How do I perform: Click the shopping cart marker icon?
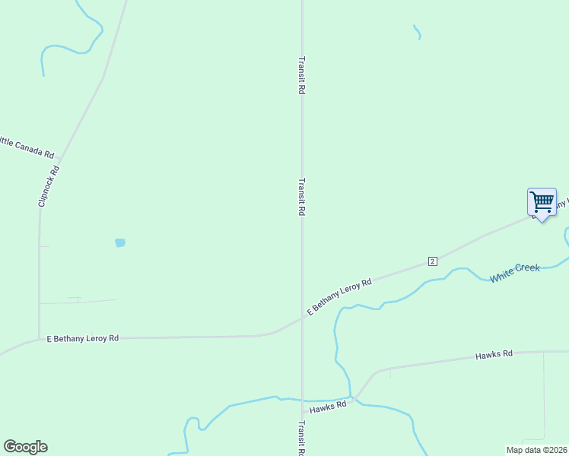pyautogui.click(x=542, y=202)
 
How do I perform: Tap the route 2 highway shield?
pyautogui.click(x=432, y=261)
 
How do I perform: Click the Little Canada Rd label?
pyautogui.click(x=26, y=147)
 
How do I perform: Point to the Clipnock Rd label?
pyautogui.click(x=47, y=187)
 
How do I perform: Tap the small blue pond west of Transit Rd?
pyautogui.click(x=119, y=243)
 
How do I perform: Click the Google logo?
pyautogui.click(x=26, y=447)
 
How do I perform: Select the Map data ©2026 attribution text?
pyautogui.click(x=536, y=450)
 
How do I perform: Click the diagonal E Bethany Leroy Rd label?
pyautogui.click(x=339, y=297)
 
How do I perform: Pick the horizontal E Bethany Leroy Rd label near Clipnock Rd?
pyautogui.click(x=83, y=337)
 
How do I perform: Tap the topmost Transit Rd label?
pyautogui.click(x=302, y=74)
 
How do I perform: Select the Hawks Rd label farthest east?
pyautogui.click(x=494, y=354)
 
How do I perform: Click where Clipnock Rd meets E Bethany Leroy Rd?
pyautogui.click(x=40, y=339)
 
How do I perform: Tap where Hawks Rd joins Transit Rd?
pyautogui.click(x=303, y=413)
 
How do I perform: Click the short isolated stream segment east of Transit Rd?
pyautogui.click(x=417, y=32)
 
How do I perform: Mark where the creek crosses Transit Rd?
pyautogui.click(x=302, y=400)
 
